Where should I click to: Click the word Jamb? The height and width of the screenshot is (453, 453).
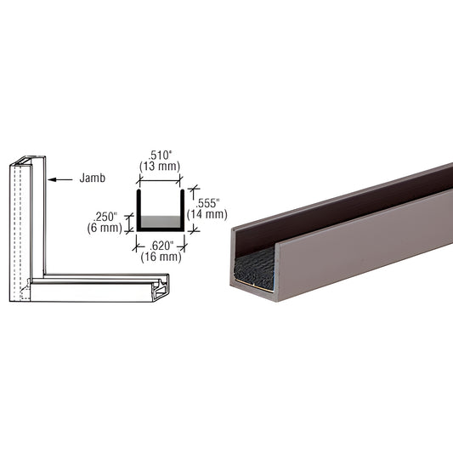point(93,179)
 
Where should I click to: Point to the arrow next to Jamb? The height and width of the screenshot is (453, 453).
point(60,179)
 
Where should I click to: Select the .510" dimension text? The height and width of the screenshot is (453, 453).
point(158,156)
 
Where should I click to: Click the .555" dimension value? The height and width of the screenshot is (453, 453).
point(210,203)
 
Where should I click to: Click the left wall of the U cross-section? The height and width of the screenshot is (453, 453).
point(138,209)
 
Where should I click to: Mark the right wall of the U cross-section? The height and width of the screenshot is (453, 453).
point(180,209)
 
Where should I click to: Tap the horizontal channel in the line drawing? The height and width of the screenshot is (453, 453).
point(102,289)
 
